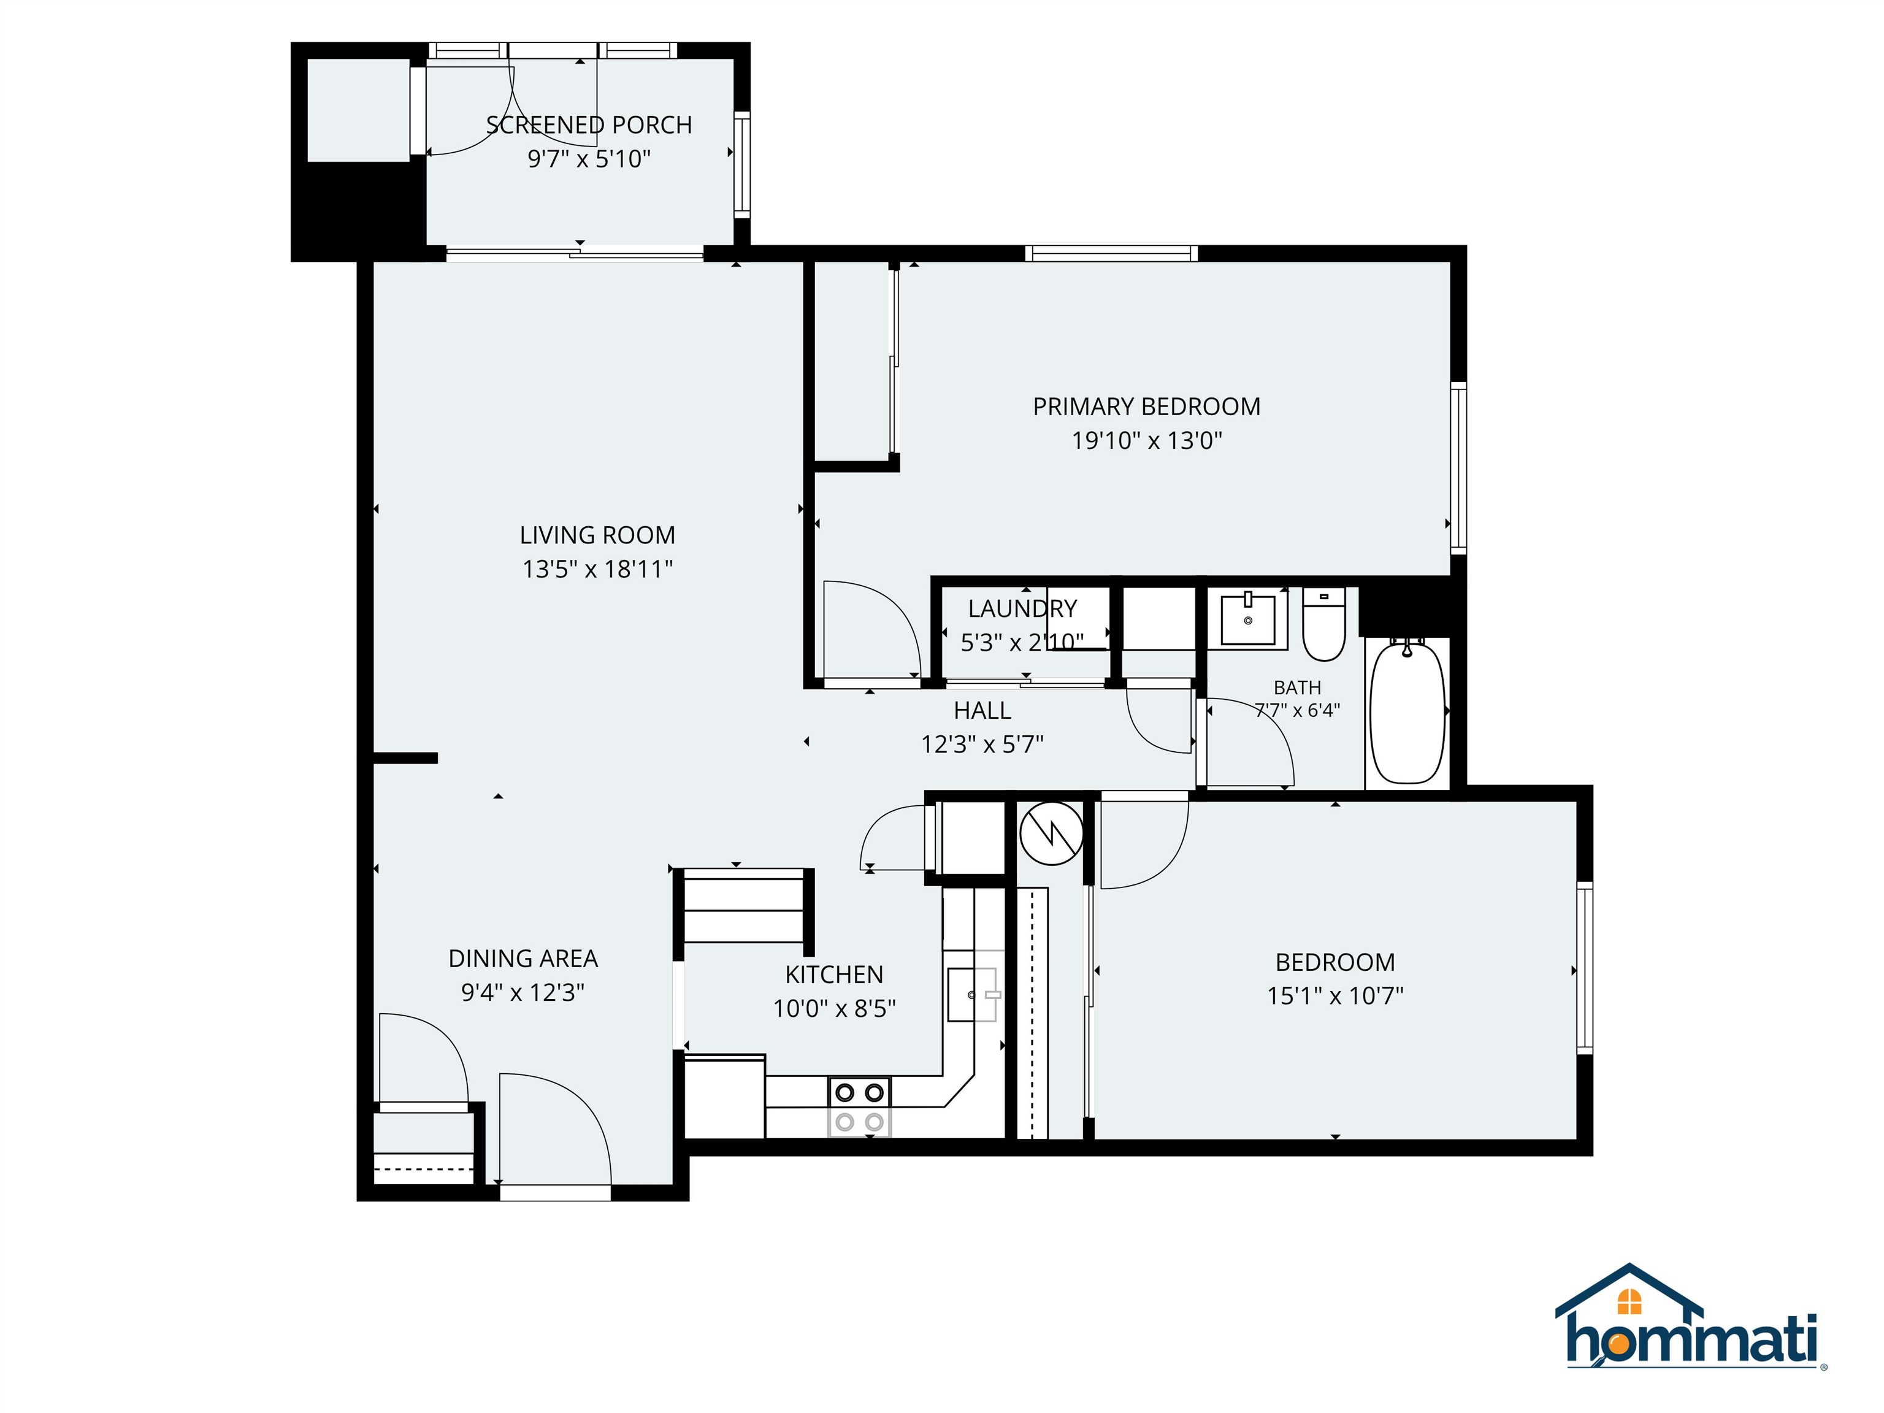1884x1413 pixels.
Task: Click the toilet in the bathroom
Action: tap(1323, 624)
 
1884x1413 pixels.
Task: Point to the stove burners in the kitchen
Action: tap(859, 1107)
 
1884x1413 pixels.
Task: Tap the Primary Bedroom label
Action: tap(1146, 407)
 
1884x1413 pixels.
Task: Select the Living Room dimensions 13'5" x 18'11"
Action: tap(597, 569)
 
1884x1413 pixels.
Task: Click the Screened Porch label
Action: tap(589, 125)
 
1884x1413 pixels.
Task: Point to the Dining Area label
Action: tap(523, 959)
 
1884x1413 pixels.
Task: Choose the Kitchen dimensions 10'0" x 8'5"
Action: tap(834, 1008)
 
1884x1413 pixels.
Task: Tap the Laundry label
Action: tap(1022, 609)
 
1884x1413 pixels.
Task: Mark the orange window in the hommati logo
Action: tap(1629, 1301)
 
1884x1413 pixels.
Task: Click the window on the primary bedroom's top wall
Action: tap(1111, 253)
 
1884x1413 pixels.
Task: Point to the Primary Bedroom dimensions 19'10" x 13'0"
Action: tap(1146, 440)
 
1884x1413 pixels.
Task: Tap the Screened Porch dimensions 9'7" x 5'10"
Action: tap(589, 159)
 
